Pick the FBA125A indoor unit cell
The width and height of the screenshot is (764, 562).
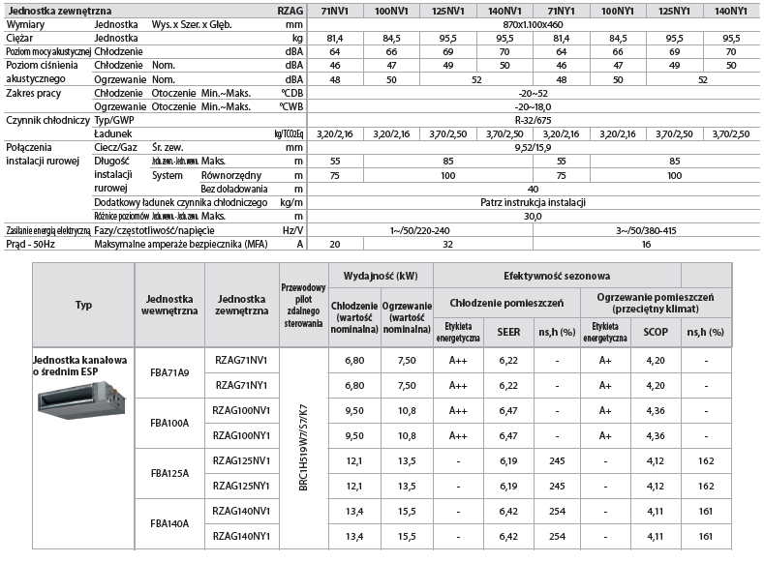pos(170,473)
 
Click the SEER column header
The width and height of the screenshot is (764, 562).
pos(509,331)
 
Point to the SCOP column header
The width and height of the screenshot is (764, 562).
pos(656,331)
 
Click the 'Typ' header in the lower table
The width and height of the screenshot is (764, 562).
pos(83,305)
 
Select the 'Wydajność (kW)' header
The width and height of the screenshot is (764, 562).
pos(381,276)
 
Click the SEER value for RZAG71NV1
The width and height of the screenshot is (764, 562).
pos(509,360)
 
